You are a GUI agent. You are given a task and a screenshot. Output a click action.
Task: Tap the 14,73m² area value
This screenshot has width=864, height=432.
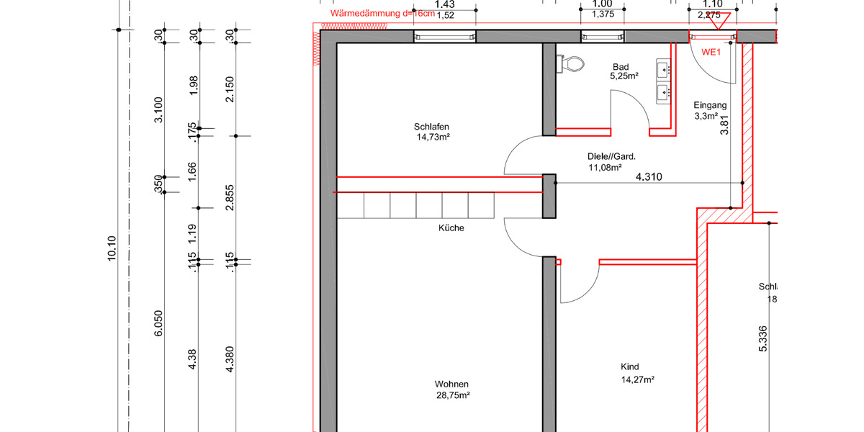[x=433, y=137]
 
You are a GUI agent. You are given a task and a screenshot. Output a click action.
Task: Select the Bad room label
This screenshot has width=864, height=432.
[x=621, y=66]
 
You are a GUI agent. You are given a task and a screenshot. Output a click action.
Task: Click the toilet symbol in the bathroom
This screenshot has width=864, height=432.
[x=573, y=64]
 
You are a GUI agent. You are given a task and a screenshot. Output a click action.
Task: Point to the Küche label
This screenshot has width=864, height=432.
[x=451, y=228]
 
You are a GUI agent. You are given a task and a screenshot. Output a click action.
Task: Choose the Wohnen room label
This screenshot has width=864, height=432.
[x=452, y=384]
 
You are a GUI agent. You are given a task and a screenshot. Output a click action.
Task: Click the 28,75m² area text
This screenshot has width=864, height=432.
[x=453, y=395]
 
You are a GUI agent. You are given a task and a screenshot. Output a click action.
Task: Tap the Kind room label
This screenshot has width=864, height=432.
[x=630, y=366]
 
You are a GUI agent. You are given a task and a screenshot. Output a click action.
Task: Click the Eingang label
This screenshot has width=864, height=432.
[x=710, y=105]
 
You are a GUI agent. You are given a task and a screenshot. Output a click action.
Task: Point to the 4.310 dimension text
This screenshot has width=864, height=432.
[x=649, y=176]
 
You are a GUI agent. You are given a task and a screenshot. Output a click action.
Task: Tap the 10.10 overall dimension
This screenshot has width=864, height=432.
[x=112, y=249]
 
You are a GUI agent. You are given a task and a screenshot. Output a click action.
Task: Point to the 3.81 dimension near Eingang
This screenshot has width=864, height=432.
[x=725, y=126]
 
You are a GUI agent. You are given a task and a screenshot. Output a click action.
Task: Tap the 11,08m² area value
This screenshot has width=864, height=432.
[x=605, y=167]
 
